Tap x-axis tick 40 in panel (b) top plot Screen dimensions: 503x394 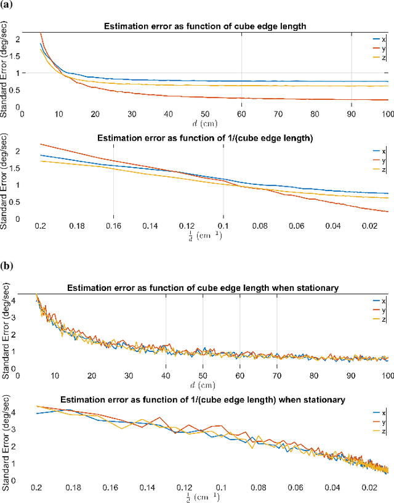tap(166, 375)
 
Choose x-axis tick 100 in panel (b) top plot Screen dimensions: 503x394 tap(386, 375)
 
